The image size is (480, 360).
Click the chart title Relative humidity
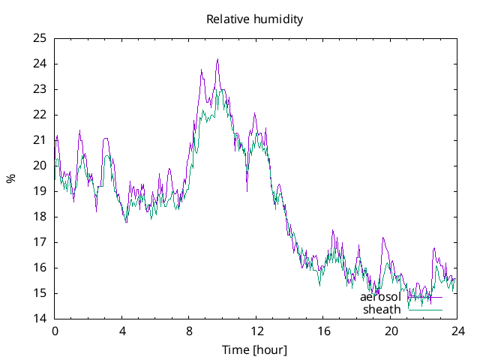click(255, 19)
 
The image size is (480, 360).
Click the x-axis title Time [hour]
click(255, 350)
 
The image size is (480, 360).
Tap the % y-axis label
click(11, 178)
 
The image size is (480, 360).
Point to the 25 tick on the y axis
click(40, 38)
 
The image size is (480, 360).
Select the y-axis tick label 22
click(40, 115)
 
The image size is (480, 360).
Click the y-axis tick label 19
click(40, 191)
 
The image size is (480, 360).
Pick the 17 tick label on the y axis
click(40, 242)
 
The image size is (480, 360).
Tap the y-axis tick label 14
click(40, 319)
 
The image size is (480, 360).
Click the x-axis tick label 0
click(55, 331)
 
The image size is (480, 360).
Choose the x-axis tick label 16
click(323, 331)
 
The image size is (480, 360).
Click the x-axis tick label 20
click(391, 331)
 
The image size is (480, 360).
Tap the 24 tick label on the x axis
click(457, 331)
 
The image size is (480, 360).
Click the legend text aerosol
click(380, 297)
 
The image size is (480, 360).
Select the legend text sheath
click(382, 310)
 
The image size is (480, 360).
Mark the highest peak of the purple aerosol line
click(217, 59)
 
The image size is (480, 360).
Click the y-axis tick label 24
click(40, 64)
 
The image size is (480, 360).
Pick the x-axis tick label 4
click(122, 331)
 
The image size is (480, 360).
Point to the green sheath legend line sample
click(424, 310)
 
